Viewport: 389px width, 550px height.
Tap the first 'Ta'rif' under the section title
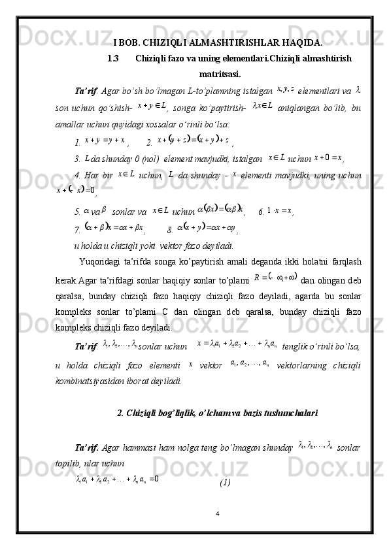point(86,90)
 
